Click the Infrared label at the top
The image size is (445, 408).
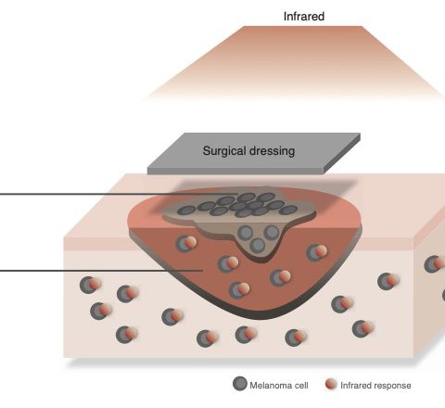point(304,17)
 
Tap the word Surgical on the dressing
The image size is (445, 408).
point(224,151)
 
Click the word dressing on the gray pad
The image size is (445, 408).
point(272,151)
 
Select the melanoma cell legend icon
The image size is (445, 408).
point(240,384)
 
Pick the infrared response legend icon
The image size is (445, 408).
point(331,384)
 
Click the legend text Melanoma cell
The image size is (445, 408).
point(279,386)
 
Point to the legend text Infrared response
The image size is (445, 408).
point(375,386)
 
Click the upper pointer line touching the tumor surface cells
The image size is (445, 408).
point(119,194)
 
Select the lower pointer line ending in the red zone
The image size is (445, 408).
point(101,271)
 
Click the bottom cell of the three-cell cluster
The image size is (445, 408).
point(258,245)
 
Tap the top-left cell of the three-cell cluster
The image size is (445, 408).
point(246,233)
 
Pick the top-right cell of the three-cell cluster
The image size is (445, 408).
point(272,232)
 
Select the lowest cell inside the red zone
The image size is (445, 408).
point(239,289)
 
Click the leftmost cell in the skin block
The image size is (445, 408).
point(91,285)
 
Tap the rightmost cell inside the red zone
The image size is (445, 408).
point(317,252)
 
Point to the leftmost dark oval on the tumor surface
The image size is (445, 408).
point(187,210)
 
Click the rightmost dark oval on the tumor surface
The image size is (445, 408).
point(288,210)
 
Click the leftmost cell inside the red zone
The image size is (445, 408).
point(186,243)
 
